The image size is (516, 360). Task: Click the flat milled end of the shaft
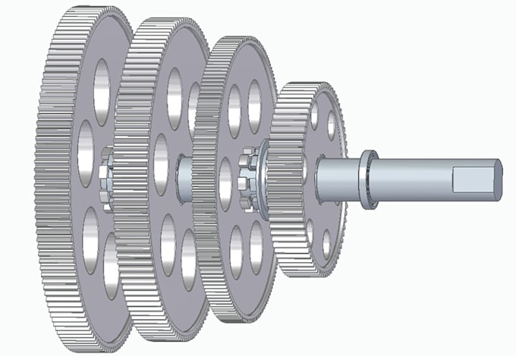(474, 181)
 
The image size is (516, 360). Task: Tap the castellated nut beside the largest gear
(105, 172)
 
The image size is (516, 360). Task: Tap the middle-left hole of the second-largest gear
(160, 160)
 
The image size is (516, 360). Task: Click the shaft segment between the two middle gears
(184, 178)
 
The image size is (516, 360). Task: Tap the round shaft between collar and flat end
(414, 180)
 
